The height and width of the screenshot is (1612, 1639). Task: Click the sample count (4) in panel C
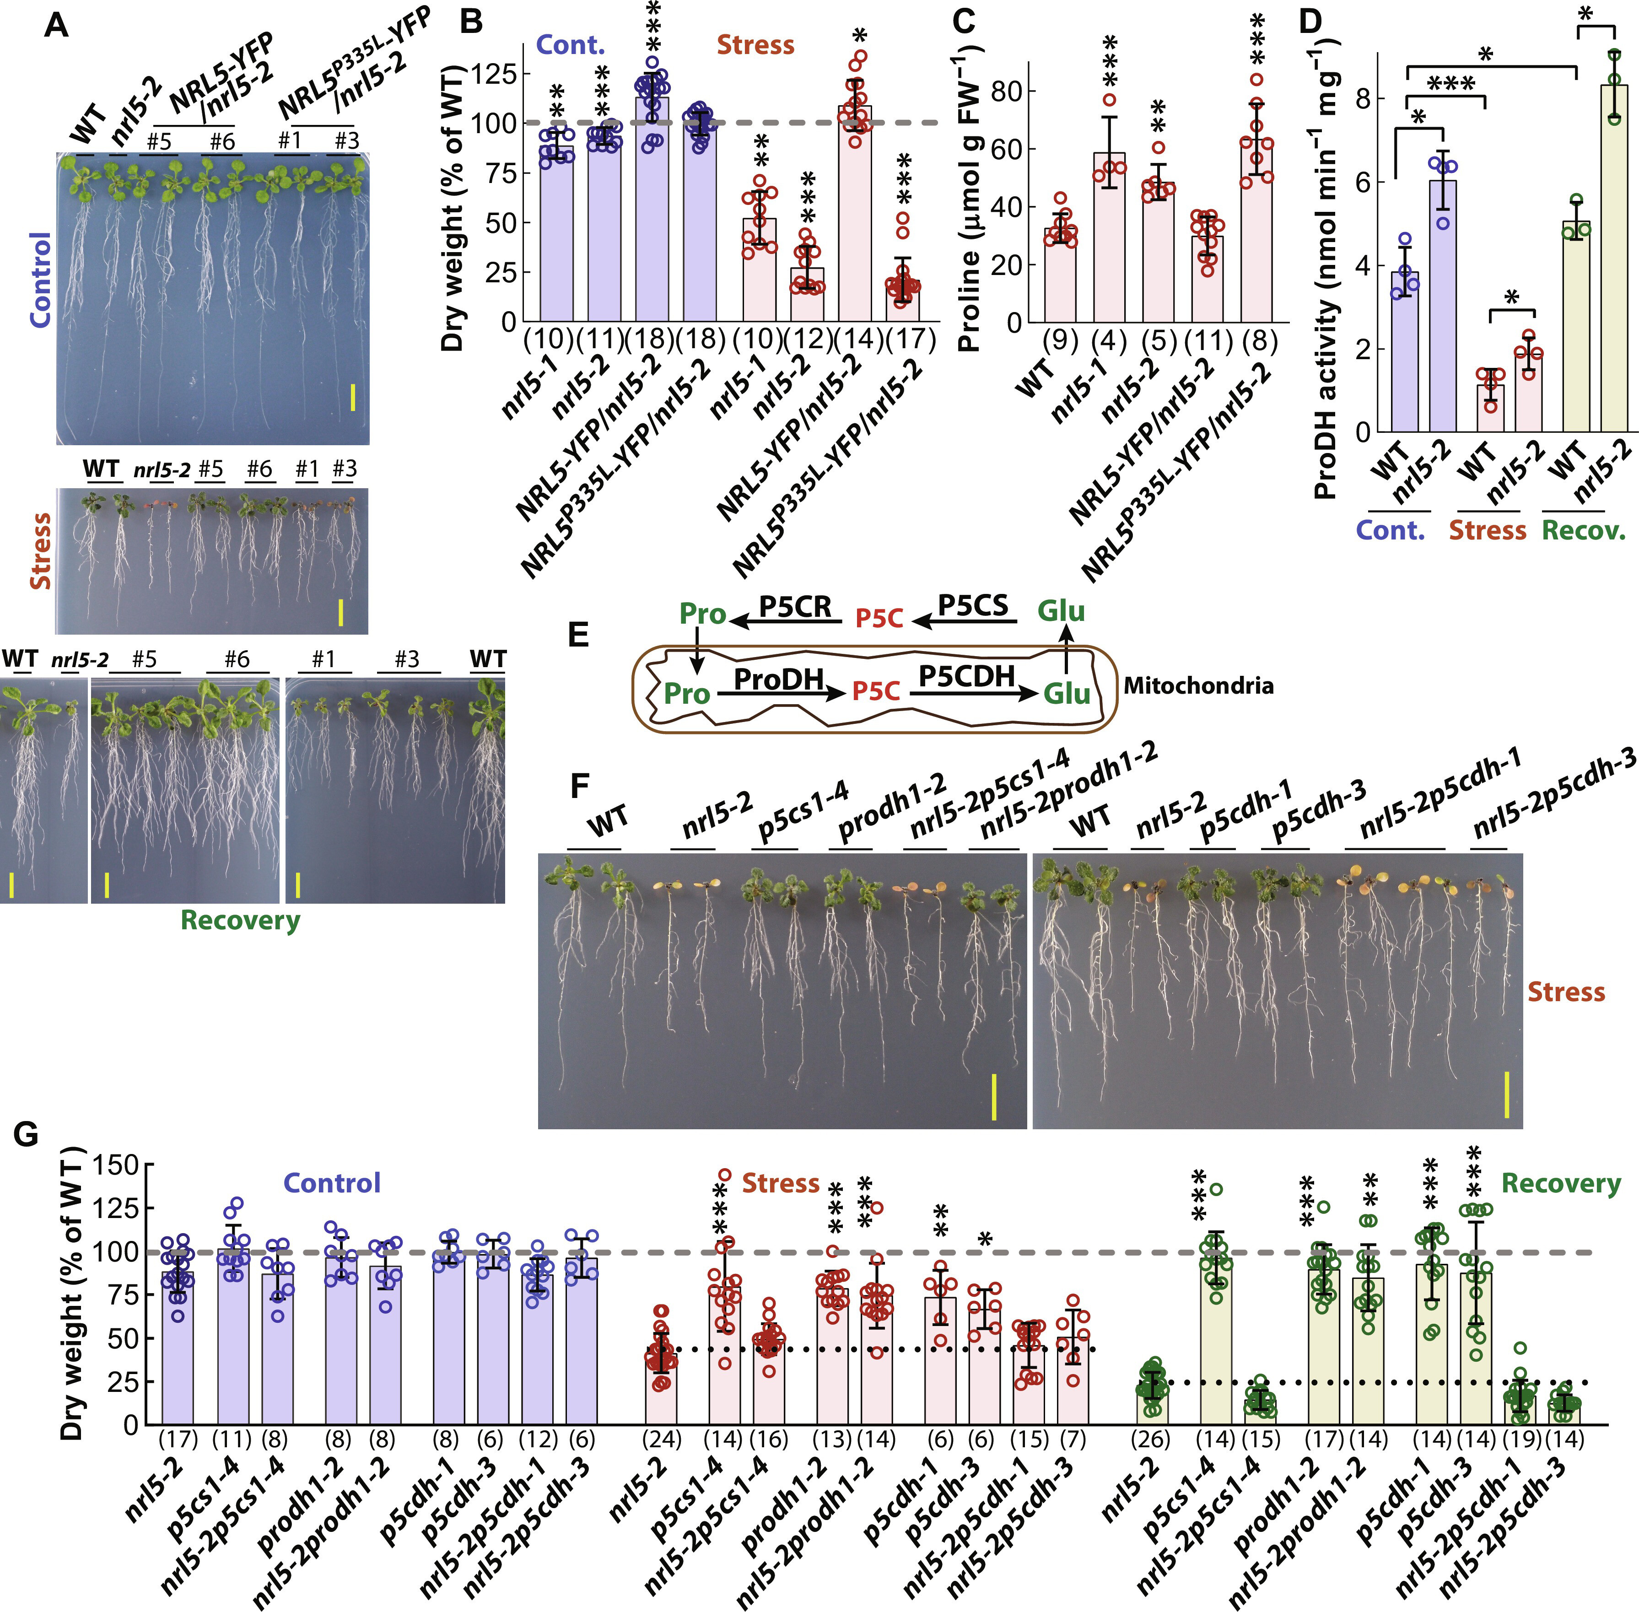coord(1109,341)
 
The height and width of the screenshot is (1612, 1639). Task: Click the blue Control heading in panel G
coord(332,1183)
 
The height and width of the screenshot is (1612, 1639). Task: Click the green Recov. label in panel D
coord(1583,531)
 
